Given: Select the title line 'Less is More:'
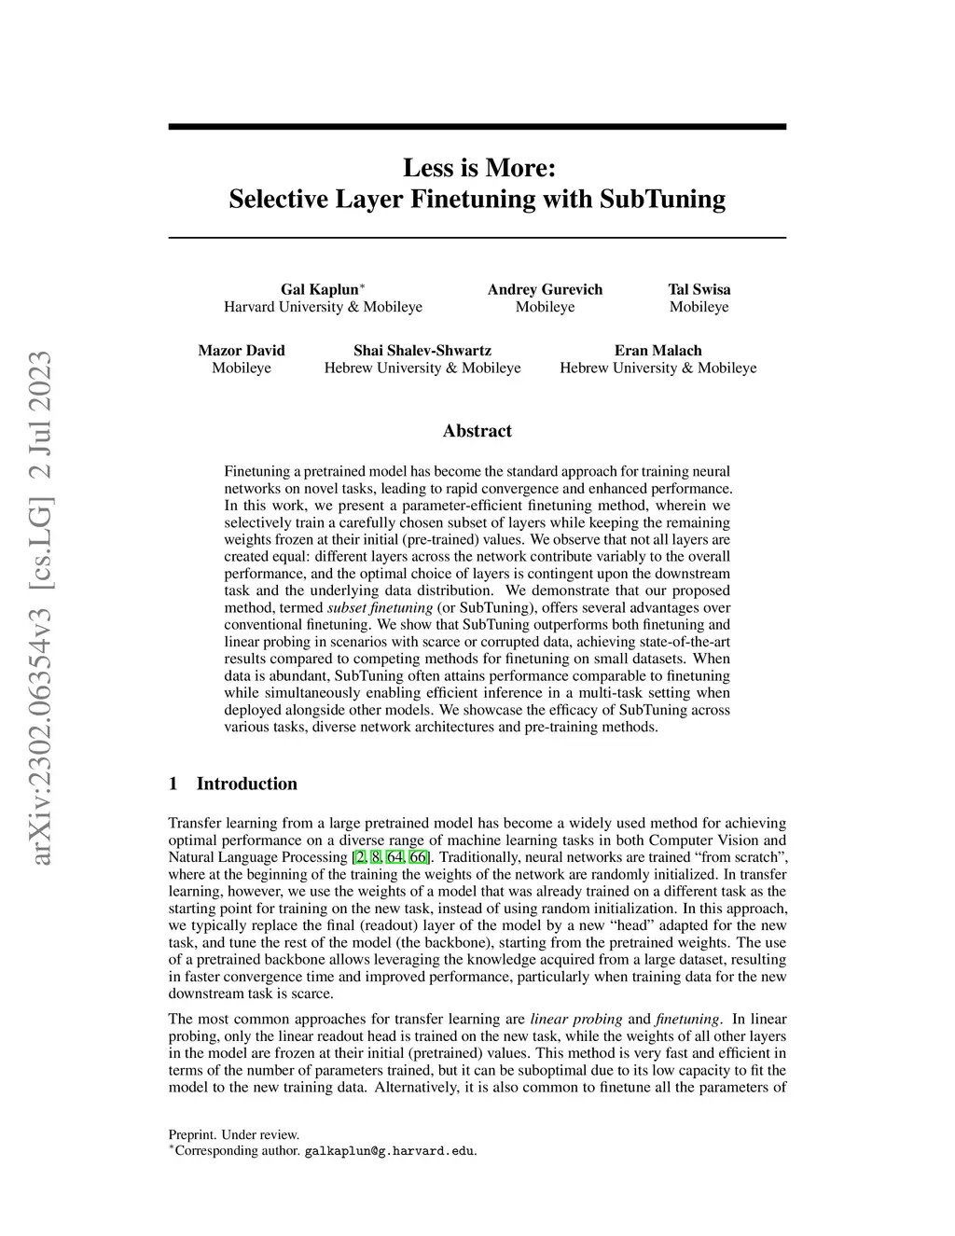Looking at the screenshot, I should (477, 168).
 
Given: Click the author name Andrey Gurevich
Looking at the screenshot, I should (545, 289).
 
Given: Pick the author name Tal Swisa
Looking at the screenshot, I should (699, 289).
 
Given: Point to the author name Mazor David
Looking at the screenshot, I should (242, 351).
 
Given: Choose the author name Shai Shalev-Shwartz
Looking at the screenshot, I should (422, 351).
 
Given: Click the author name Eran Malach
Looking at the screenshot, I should (657, 351).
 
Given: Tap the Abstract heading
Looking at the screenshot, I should (477, 431).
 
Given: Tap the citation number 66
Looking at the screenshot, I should (418, 857).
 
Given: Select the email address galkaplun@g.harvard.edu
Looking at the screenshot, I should (391, 1151).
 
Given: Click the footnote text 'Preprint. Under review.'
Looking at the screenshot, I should (233, 1135).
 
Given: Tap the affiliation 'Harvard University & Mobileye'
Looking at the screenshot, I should (323, 307).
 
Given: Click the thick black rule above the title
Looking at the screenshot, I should (477, 127).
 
